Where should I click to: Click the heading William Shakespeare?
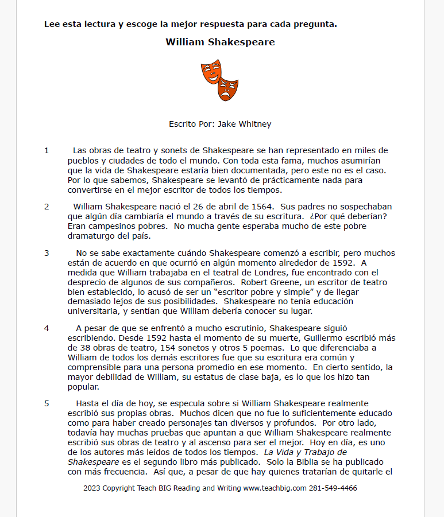pyautogui.click(x=220, y=42)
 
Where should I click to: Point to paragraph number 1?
pyautogui.click(x=47, y=150)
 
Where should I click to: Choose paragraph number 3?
pyautogui.click(x=47, y=252)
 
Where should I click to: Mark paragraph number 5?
pyautogui.click(x=47, y=403)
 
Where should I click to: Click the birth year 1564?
pyautogui.click(x=261, y=207)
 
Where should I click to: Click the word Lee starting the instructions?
pyautogui.click(x=52, y=24)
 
